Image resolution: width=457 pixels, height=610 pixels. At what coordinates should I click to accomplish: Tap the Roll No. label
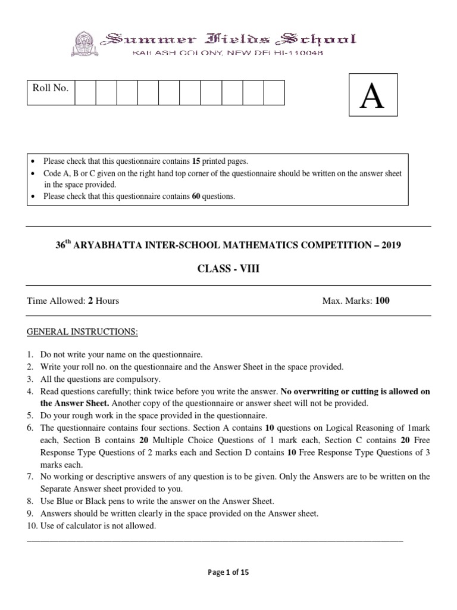(51, 89)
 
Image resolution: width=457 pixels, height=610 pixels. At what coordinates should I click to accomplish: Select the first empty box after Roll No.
(85, 93)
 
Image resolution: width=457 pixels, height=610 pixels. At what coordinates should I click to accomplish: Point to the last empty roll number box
(274, 93)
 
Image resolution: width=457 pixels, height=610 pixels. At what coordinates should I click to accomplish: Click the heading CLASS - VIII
(228, 269)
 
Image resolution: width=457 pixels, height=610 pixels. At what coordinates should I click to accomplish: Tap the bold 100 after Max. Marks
(383, 301)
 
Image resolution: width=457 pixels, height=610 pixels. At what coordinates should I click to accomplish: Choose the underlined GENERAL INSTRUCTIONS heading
(82, 331)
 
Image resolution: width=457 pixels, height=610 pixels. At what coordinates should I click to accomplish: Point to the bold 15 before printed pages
(197, 161)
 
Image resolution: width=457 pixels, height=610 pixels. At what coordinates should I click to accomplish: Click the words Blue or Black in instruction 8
(77, 502)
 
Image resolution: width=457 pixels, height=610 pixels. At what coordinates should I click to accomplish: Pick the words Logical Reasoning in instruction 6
(365, 428)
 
